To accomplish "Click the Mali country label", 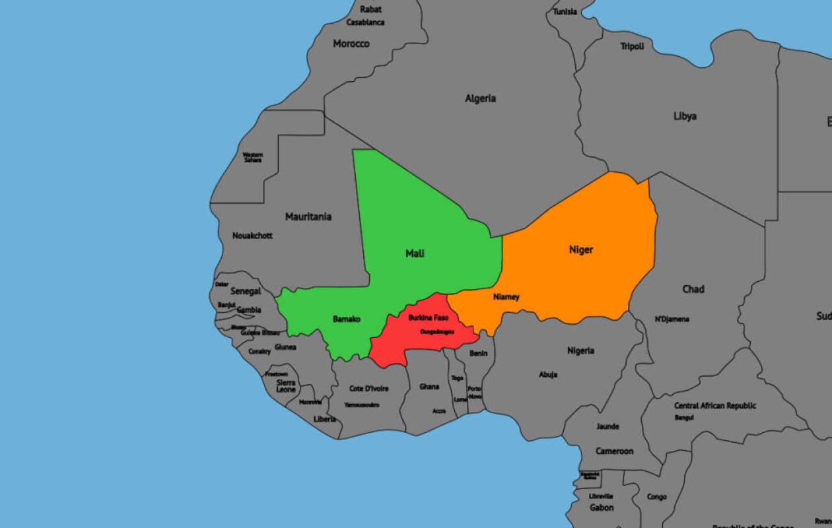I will [415, 253].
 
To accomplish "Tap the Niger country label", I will [581, 249].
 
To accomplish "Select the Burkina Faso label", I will [428, 318].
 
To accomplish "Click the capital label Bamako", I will [347, 319].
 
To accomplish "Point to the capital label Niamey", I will [506, 297].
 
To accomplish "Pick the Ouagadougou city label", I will [436, 332].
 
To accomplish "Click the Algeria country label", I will [480, 98].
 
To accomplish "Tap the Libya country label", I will [685, 116].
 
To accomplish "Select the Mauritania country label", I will [308, 216].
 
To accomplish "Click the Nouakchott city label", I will [252, 236].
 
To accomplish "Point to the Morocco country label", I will [351, 44].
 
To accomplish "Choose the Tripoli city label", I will [632, 46].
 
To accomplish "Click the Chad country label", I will [693, 289].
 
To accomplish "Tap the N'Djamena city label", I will [672, 319].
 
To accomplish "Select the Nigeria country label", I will [580, 350].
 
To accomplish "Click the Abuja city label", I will [548, 375].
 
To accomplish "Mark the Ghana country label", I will [429, 387].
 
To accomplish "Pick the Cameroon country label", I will [614, 451].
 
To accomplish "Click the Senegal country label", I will [246, 291].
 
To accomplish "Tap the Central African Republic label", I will [715, 406].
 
